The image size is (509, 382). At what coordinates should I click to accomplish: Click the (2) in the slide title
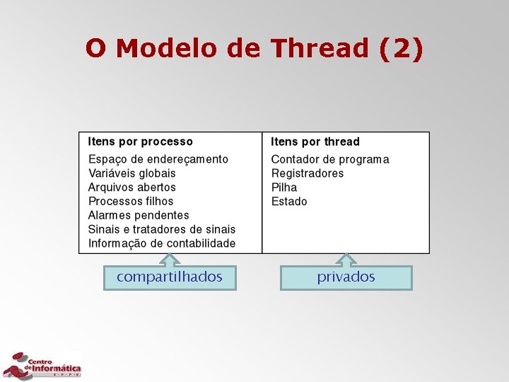[401, 49]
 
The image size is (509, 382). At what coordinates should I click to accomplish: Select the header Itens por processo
[140, 141]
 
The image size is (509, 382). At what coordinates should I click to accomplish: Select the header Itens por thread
[315, 141]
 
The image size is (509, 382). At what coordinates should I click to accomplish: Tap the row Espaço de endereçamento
[158, 159]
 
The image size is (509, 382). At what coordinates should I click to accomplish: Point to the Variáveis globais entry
[132, 173]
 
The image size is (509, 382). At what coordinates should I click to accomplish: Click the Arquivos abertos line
[132, 187]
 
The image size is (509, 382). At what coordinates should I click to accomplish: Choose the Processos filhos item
[131, 202]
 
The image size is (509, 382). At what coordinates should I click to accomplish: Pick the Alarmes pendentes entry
[139, 215]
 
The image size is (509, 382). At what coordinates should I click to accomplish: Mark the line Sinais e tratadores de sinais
[162, 229]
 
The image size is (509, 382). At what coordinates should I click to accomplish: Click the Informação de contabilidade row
[162, 243]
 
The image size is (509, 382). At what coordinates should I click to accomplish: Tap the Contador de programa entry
[330, 159]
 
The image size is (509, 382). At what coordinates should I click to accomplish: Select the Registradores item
[308, 173]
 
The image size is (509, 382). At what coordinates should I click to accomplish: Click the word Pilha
[284, 187]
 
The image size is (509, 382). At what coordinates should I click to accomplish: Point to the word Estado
[289, 202]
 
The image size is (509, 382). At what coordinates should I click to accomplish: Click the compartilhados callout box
[170, 277]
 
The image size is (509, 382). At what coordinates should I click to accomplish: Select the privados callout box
[346, 277]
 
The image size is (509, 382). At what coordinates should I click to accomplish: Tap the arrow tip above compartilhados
[170, 256]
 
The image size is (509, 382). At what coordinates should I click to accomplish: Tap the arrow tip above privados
[346, 256]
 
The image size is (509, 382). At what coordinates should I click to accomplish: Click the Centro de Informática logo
[42, 365]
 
